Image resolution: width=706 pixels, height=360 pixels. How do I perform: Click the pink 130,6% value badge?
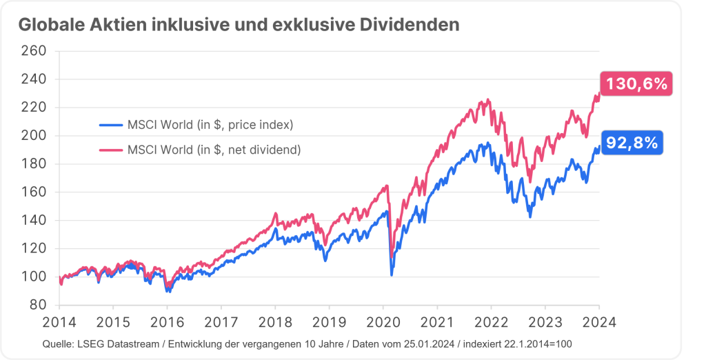tap(636, 85)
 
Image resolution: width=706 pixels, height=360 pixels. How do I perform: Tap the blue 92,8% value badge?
tap(632, 143)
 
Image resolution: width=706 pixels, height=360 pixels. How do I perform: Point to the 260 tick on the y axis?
tap(34, 51)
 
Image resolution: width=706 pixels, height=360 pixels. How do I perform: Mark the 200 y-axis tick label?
tap(34, 136)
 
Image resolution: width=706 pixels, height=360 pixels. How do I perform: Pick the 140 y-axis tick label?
tap(34, 221)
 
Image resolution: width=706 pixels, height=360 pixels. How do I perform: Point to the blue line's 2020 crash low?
tap(392, 275)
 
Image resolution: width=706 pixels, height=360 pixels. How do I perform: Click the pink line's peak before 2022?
tap(488, 100)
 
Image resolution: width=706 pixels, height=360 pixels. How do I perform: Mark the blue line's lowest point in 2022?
tap(529, 217)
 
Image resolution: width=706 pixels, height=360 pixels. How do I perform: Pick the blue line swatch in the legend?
tap(110, 125)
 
